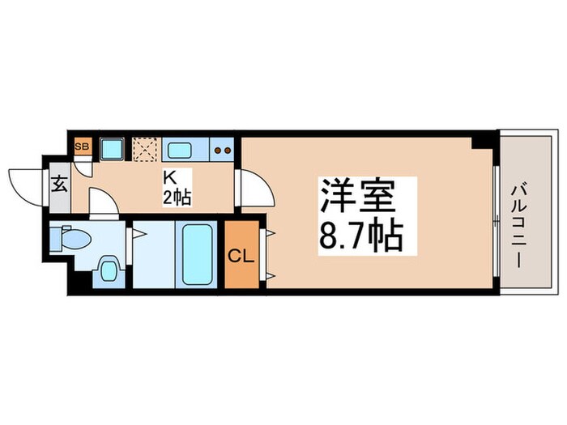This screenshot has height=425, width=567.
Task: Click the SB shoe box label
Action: (x=82, y=147)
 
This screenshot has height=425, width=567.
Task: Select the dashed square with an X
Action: (x=145, y=150)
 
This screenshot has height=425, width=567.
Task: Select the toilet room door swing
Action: (x=103, y=202)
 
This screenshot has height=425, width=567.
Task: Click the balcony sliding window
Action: (x=495, y=215)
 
